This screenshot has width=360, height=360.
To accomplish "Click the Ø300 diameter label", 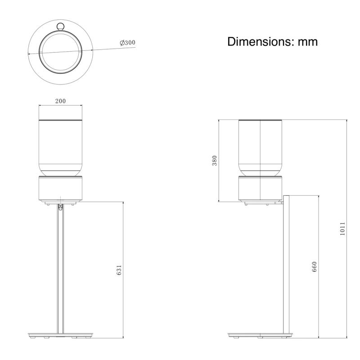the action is (x=128, y=43).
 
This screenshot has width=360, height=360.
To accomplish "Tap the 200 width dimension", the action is (x=60, y=101).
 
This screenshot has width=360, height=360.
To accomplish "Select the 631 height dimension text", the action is (x=119, y=270).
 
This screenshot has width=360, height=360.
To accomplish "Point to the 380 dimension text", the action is (x=215, y=161).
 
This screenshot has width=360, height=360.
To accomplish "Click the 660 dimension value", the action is (x=314, y=266).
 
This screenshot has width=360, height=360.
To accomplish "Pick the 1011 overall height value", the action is (x=342, y=229).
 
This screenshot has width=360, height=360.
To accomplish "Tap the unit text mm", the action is (x=308, y=43).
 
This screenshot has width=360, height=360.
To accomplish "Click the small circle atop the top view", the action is (x=61, y=26).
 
